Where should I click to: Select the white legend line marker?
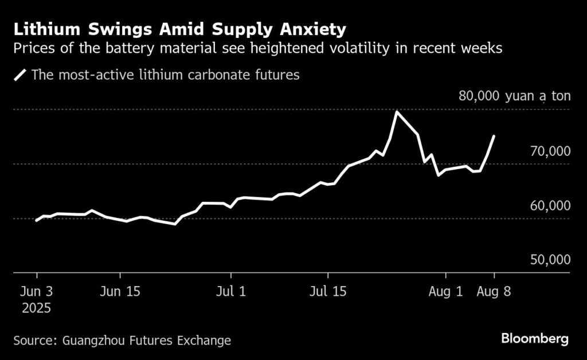click(x=21, y=75)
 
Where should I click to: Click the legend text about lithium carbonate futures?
click(x=166, y=75)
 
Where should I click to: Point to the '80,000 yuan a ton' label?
click(x=514, y=96)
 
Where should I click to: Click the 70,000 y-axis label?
click(x=550, y=151)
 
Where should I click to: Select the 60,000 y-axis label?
click(x=550, y=206)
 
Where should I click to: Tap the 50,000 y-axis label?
click(x=550, y=260)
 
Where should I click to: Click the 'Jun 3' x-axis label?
click(x=37, y=291)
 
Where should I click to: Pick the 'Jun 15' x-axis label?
click(x=120, y=291)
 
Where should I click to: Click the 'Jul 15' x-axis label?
click(x=327, y=291)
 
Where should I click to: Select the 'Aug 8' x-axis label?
click(x=494, y=291)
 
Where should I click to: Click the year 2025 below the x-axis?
click(x=37, y=308)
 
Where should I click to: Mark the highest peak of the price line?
click(x=397, y=111)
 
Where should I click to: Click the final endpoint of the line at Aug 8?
click(x=494, y=136)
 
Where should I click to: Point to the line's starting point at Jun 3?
click(x=37, y=220)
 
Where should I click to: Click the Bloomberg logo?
click(x=535, y=339)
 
